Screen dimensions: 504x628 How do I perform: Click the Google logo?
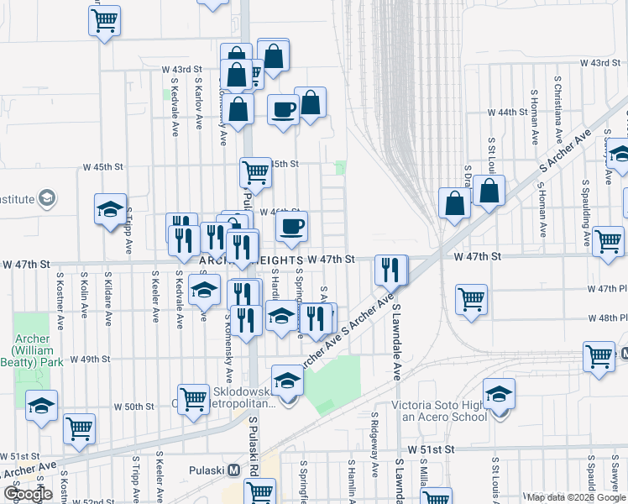tap(28, 494)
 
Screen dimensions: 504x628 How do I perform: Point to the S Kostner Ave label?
tap(60, 299)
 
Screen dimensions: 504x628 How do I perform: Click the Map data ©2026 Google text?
tap(575, 497)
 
